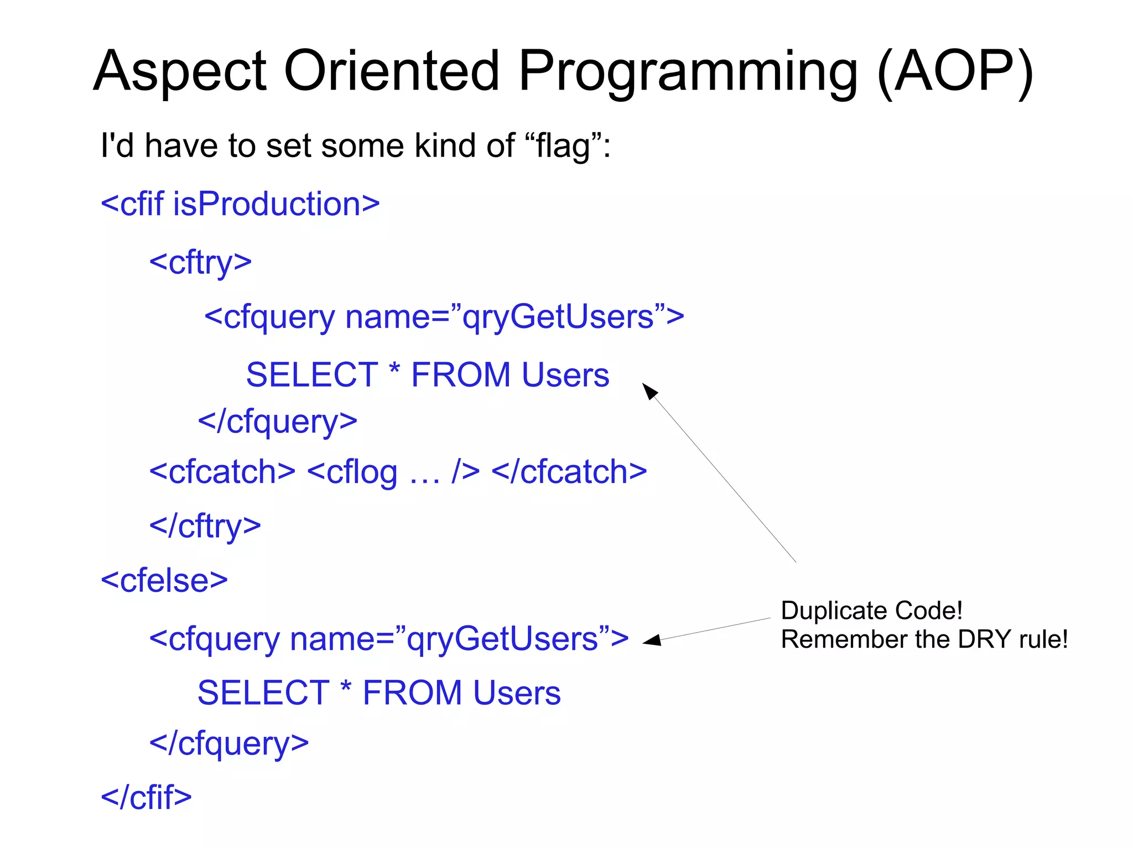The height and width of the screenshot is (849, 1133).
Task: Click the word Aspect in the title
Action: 180,72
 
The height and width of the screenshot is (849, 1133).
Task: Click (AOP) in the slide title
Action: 955,72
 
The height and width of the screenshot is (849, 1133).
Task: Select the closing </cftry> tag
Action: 205,525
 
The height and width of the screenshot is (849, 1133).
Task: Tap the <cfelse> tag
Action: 164,580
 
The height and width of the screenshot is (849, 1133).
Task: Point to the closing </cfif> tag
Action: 146,797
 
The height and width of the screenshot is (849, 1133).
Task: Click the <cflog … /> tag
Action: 393,472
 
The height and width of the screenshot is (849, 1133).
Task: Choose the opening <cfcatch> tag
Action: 222,472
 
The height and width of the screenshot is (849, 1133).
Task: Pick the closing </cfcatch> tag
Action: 569,472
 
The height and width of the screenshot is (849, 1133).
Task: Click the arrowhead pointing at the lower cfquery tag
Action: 652,640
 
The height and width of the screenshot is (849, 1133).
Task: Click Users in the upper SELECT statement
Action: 565,375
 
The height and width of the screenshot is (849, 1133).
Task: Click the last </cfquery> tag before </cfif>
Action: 229,743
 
